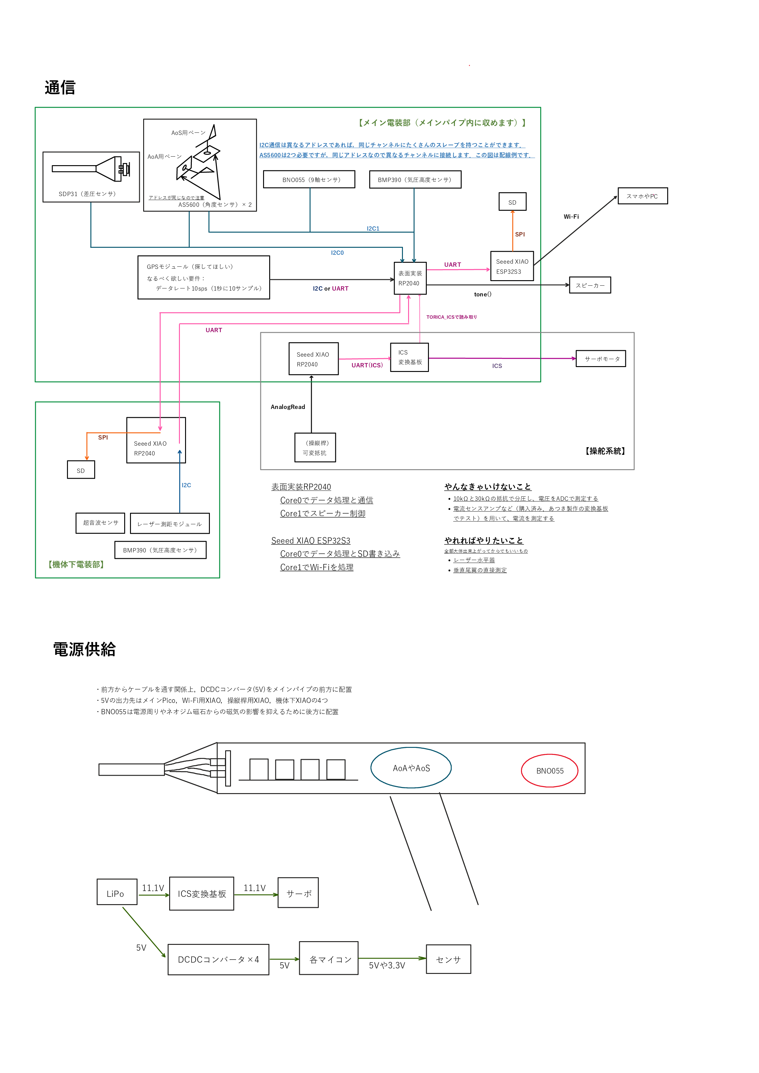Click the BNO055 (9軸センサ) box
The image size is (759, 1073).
tap(309, 180)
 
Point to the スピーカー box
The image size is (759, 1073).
tap(590, 285)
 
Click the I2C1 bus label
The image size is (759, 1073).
tap(373, 228)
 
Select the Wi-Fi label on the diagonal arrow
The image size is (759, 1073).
tap(571, 216)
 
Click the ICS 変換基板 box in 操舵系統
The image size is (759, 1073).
tap(409, 358)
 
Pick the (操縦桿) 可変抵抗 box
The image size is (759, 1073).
tap(315, 448)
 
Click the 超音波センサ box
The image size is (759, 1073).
tap(100, 523)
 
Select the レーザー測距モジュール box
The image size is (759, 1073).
tap(170, 524)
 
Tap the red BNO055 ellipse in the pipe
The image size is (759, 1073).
tap(550, 770)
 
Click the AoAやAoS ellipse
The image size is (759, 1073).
tap(411, 768)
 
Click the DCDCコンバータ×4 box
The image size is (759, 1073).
tap(218, 960)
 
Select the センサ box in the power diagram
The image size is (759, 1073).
tap(448, 960)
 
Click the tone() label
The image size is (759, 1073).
tap(482, 295)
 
